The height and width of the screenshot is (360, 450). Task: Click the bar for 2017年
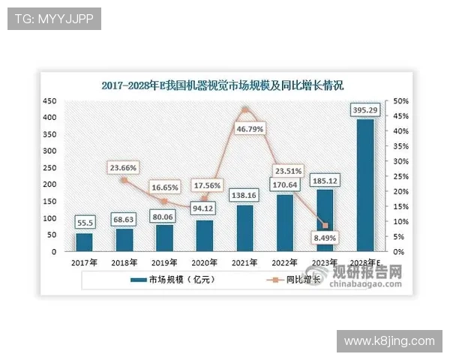coord(85,242)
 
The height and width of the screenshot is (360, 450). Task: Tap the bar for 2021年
coord(244,228)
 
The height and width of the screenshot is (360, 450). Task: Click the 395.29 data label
coord(364,111)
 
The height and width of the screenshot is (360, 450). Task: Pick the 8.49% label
coord(325,240)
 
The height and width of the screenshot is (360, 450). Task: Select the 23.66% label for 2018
coord(124,167)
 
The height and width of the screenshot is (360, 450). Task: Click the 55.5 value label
coord(85,223)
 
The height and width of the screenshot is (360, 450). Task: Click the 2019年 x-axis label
coord(164,263)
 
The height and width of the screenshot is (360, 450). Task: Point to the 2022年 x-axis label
coord(285,263)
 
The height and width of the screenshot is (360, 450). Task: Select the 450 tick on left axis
coord(49,101)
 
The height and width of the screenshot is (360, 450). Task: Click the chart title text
coord(222,85)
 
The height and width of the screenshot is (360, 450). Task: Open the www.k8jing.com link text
coord(389,341)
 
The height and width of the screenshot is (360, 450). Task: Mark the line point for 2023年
coord(325,226)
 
